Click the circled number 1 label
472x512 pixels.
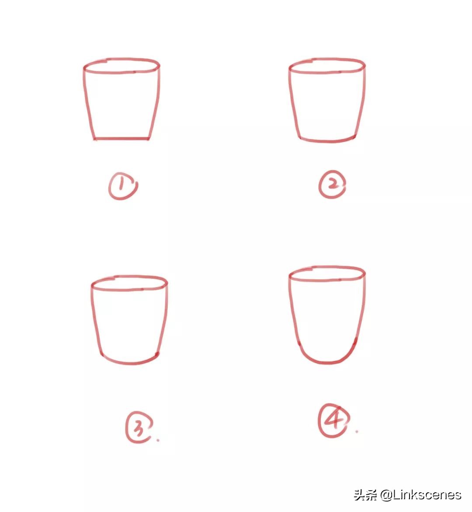click(x=123, y=186)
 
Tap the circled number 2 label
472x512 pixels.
click(x=332, y=185)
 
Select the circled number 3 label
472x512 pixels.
click(x=139, y=427)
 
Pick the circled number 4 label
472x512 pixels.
click(x=333, y=421)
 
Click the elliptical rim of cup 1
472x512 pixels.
click(x=121, y=72)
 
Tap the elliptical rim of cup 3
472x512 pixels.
click(x=129, y=289)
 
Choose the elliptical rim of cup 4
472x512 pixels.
click(x=327, y=280)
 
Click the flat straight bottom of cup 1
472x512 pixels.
click(x=121, y=139)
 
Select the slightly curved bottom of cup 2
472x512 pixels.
click(x=327, y=141)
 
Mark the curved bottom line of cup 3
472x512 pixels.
click(x=130, y=362)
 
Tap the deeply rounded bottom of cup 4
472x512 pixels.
click(x=327, y=362)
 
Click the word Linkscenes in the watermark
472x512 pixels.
click(x=427, y=495)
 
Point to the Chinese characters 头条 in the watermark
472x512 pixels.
click(x=365, y=495)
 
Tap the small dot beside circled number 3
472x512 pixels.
click(x=158, y=440)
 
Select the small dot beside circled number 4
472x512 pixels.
click(x=357, y=431)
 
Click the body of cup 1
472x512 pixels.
click(x=121, y=105)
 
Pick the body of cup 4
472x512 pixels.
click(x=327, y=320)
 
